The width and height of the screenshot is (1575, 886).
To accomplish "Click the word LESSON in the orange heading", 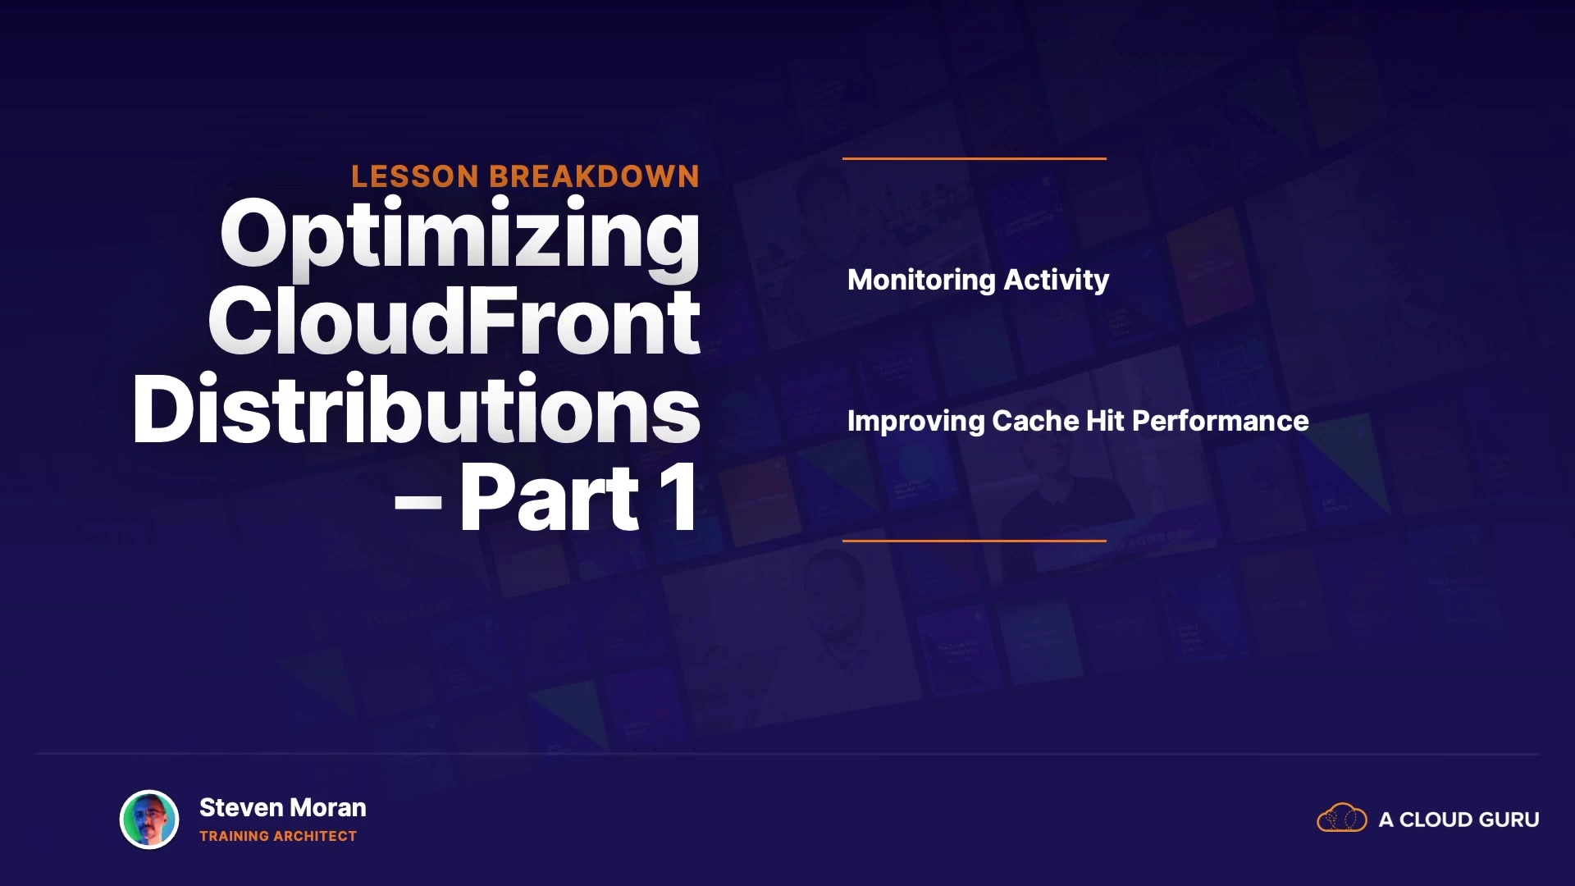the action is point(415,176).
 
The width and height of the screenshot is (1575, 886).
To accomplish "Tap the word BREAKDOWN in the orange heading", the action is point(595,176).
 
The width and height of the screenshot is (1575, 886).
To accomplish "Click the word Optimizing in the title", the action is point(460,238).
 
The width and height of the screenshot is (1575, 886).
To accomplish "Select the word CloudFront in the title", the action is point(454,322).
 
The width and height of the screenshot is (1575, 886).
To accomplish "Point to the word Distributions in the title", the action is point(417,409).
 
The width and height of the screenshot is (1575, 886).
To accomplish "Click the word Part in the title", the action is point(550,498).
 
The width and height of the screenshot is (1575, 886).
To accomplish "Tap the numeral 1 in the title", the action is point(680,498).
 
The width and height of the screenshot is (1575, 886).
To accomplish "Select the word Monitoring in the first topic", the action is point(922,281).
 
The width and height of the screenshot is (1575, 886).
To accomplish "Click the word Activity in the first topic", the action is point(1057,281).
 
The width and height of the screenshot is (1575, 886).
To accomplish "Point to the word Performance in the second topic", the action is point(1221,422).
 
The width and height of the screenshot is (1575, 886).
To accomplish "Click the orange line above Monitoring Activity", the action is point(975,158).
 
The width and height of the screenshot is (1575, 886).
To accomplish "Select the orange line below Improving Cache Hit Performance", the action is point(975,541).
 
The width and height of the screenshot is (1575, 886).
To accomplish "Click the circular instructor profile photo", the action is point(149,819).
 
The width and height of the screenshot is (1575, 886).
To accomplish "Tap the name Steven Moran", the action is point(283,808).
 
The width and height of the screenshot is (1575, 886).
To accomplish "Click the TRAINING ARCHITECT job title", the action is point(278,837).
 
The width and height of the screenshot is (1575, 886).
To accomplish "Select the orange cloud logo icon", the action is point(1342,818).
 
